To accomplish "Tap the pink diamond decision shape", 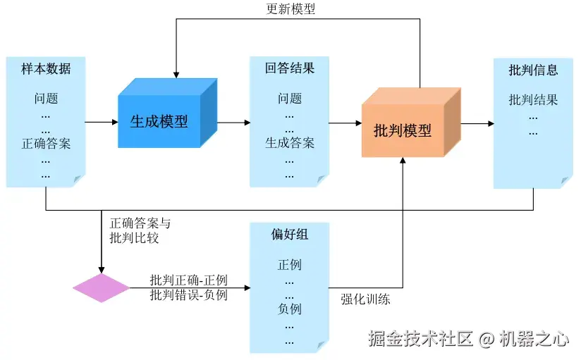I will click(x=102, y=288).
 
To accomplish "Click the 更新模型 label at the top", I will click(x=290, y=9).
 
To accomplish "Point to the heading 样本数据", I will click(x=46, y=69).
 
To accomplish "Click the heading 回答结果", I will click(x=289, y=69).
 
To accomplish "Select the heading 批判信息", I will click(x=533, y=70).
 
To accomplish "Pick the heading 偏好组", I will click(x=289, y=235).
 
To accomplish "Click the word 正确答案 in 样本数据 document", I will click(x=46, y=144).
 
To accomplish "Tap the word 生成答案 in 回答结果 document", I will click(x=289, y=143).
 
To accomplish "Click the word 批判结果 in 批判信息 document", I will click(x=533, y=100).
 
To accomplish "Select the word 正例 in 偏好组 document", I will click(x=289, y=265).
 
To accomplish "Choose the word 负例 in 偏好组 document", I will click(x=289, y=309).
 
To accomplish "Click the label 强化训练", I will click(x=365, y=299).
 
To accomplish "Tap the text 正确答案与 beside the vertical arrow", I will click(x=140, y=223).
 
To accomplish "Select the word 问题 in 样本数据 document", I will click(x=46, y=99).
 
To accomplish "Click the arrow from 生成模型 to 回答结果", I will click(x=233, y=123).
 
